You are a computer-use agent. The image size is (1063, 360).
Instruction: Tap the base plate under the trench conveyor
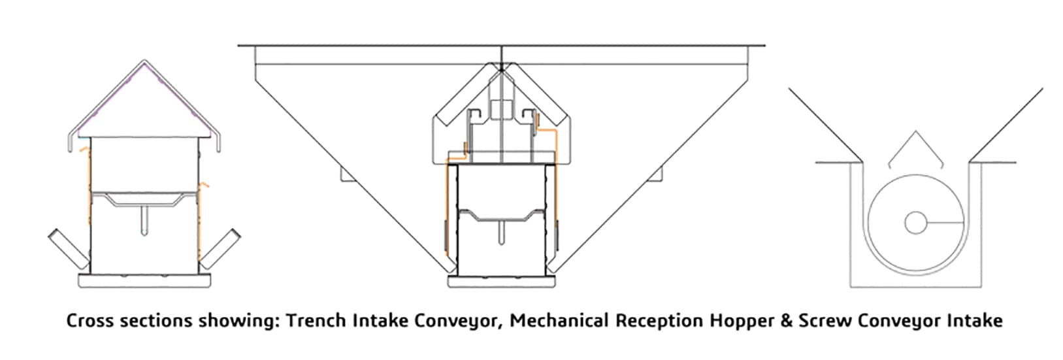[x=144, y=280]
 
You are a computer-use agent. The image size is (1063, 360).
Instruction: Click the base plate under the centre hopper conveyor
[x=501, y=281]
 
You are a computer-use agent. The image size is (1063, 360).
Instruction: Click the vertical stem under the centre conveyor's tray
[x=501, y=233]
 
